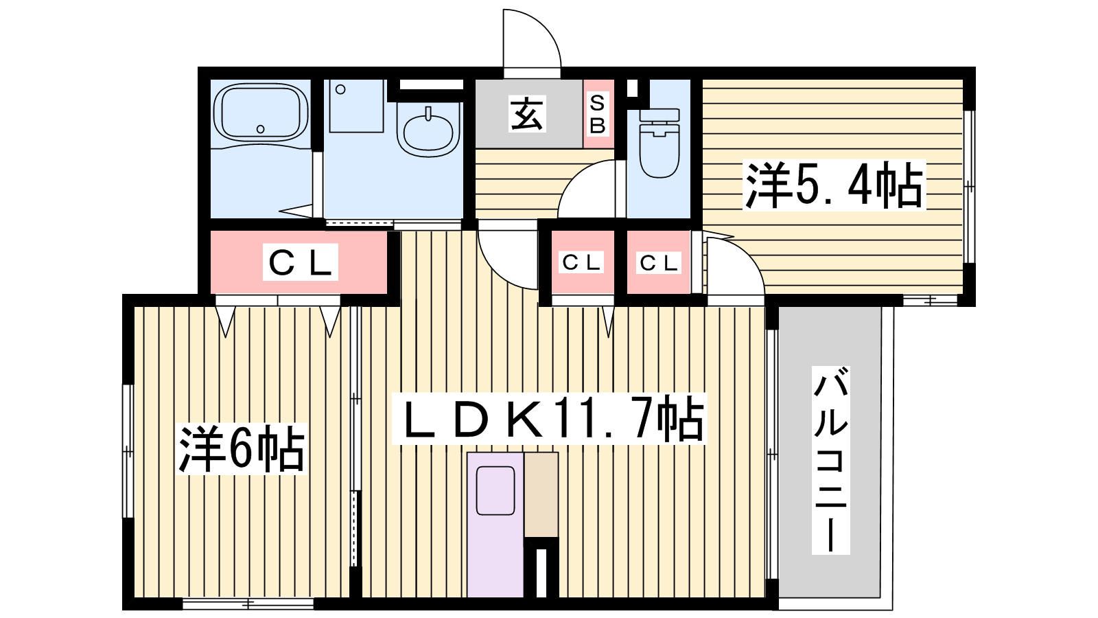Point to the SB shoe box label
pos(598,114)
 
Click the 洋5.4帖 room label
pos(834,185)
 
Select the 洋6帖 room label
pos(242,449)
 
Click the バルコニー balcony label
pos(830,460)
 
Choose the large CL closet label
pos(301,262)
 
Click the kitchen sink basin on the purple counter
pos(495,490)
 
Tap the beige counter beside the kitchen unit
pos(541,494)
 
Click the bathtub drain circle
pos(261,129)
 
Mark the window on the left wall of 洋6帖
pos(128,451)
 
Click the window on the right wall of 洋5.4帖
pos(969,186)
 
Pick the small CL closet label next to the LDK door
pos(581,262)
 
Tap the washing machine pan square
pos(356,106)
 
